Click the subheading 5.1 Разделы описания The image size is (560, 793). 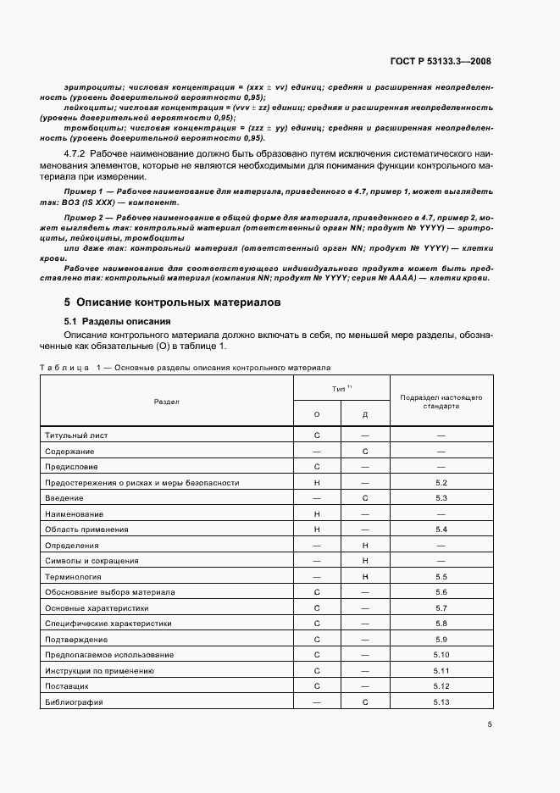(118, 321)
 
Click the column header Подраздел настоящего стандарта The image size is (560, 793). (441, 401)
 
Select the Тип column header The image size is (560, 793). (341, 387)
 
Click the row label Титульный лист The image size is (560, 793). (76, 435)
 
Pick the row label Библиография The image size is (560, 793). (73, 702)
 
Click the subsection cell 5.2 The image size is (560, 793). (441, 482)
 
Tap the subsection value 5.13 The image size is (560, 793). (441, 702)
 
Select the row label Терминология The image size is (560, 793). (74, 576)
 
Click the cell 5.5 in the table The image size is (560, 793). (441, 576)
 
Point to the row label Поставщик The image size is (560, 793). (67, 686)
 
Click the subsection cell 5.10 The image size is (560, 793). (441, 655)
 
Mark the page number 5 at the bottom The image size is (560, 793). (490, 724)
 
